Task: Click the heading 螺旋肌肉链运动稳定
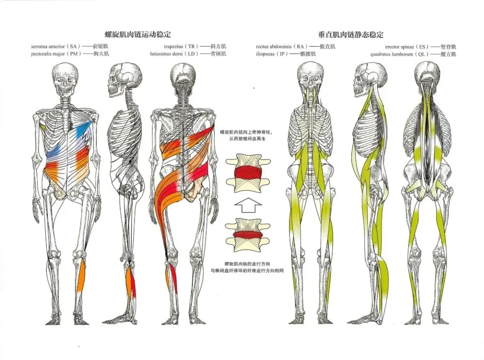point(138,34)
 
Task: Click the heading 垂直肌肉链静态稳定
point(351,34)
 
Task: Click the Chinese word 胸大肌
point(100,54)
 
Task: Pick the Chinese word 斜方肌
point(218,46)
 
